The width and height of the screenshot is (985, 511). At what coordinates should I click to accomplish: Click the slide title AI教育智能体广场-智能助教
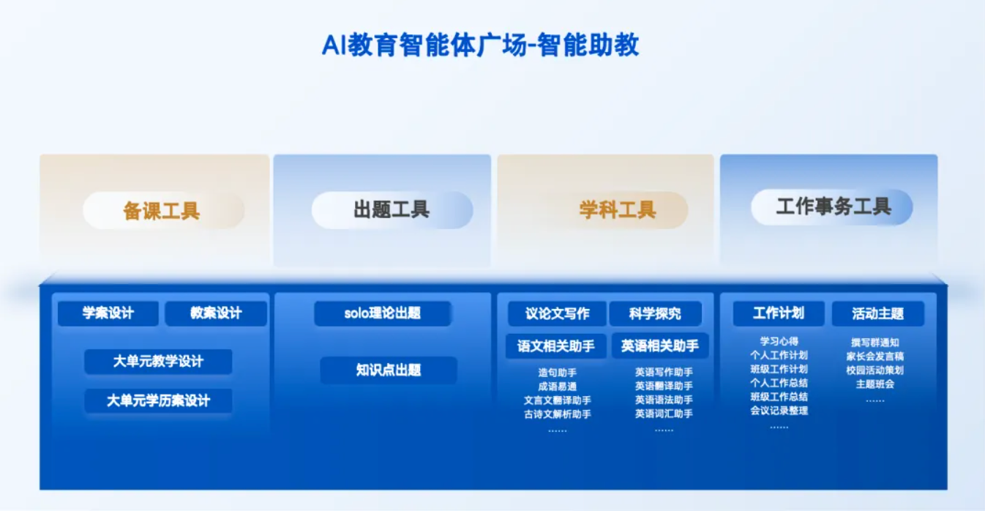click(x=481, y=45)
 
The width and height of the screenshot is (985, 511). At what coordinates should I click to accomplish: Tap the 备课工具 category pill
click(x=163, y=211)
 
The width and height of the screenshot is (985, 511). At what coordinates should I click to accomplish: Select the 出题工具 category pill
click(x=392, y=210)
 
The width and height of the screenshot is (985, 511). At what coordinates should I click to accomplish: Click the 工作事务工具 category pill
click(x=831, y=206)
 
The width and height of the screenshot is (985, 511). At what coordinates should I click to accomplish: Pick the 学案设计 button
click(x=108, y=313)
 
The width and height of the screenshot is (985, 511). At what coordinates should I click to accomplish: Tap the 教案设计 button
click(x=216, y=313)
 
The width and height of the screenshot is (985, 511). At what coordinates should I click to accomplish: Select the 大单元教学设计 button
click(x=158, y=362)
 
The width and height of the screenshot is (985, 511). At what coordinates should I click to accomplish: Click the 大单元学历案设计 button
click(x=158, y=400)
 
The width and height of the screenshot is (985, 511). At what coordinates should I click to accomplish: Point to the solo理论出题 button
click(x=383, y=313)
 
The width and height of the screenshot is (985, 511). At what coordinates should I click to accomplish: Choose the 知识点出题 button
click(x=389, y=370)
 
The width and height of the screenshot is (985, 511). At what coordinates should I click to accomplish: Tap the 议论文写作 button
click(x=557, y=313)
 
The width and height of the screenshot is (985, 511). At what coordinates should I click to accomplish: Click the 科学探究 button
click(x=655, y=313)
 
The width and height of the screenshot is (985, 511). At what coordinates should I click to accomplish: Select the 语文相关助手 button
click(x=556, y=346)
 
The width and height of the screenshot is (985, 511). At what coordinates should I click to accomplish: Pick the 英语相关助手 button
click(x=660, y=346)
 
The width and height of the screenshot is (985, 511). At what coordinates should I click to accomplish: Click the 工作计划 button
click(x=779, y=313)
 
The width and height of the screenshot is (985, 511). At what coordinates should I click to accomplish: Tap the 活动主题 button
click(x=877, y=313)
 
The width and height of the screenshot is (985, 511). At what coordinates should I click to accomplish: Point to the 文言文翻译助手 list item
click(x=557, y=400)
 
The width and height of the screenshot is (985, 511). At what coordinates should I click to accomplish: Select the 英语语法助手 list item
click(x=664, y=400)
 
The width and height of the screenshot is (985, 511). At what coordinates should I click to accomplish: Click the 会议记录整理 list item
click(x=779, y=411)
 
